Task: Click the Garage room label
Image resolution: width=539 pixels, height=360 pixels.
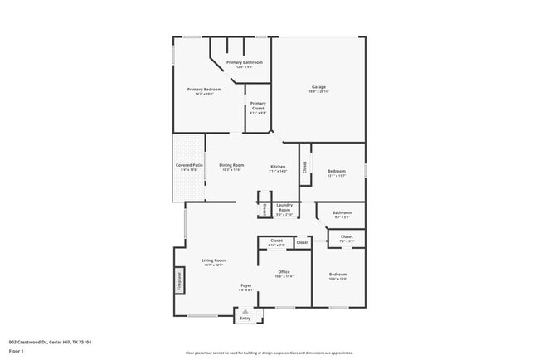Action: click(318, 87)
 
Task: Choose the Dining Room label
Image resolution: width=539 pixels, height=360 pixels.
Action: click(231, 165)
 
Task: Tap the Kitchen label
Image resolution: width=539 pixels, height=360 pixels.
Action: click(279, 167)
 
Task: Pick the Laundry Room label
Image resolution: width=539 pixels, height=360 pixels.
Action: click(284, 208)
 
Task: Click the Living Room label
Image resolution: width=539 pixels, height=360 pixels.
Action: click(214, 260)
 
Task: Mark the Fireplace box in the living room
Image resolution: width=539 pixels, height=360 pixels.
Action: click(177, 280)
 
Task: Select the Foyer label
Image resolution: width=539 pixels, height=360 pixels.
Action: click(245, 285)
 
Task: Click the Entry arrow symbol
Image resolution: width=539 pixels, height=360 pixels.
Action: click(245, 311)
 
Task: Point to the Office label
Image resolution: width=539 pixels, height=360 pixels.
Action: click(284, 272)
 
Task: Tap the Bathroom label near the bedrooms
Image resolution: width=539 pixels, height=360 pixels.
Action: click(342, 213)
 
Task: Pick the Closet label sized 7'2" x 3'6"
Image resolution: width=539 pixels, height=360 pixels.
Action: click(347, 237)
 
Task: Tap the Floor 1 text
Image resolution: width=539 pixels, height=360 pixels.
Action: click(16, 351)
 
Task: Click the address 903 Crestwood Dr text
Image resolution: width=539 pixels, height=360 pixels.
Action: click(50, 342)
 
